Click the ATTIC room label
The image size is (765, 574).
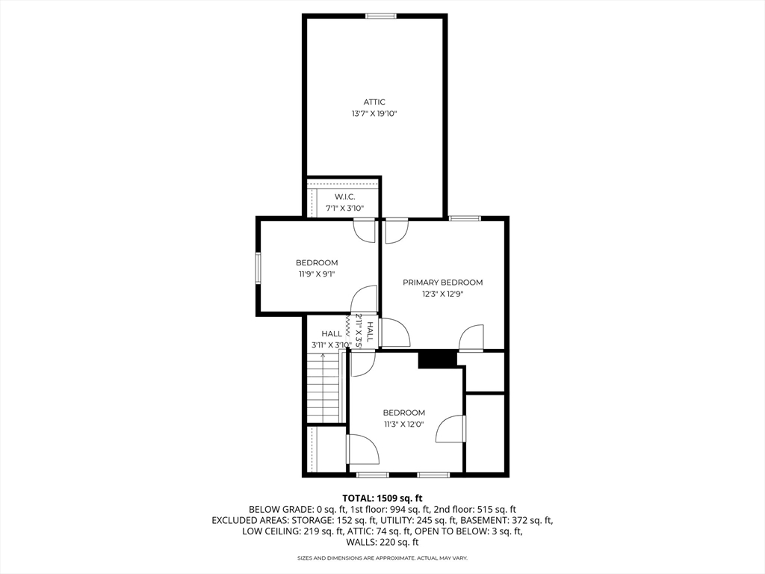(x=374, y=102)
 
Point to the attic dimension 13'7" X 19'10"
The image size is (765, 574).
(x=374, y=114)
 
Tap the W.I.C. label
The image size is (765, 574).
(x=345, y=197)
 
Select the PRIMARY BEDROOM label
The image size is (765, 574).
(x=442, y=282)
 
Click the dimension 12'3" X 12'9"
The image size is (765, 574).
(x=442, y=294)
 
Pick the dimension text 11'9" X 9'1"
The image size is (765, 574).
(x=317, y=274)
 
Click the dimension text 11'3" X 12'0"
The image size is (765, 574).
(x=403, y=425)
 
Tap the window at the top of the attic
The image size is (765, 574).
(x=381, y=16)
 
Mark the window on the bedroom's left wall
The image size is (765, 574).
(x=258, y=268)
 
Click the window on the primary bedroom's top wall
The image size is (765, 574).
(x=465, y=218)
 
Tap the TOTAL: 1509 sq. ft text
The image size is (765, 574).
(x=382, y=499)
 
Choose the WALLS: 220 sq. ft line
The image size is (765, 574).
(x=382, y=543)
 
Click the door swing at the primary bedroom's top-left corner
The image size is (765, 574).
(x=396, y=232)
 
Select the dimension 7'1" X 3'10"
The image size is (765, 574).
(x=345, y=209)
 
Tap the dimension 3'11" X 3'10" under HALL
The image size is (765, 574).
(x=331, y=345)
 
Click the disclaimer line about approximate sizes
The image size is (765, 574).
(x=382, y=558)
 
